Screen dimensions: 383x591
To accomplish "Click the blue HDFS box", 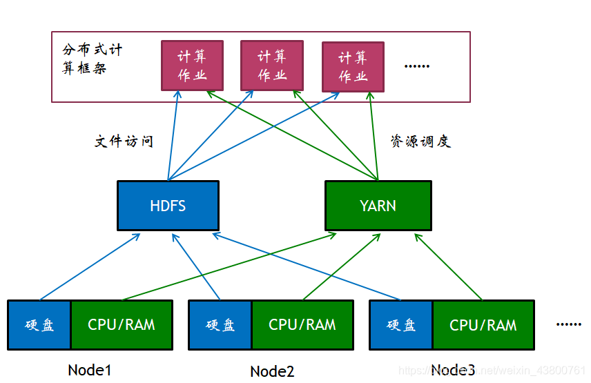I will (168, 206).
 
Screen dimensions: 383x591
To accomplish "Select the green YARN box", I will (378, 206).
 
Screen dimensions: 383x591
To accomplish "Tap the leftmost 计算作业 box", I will (192, 66).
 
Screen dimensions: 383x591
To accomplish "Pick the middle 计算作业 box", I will (272, 66).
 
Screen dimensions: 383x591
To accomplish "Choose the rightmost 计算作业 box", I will (353, 67).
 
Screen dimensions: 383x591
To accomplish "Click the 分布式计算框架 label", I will (92, 59).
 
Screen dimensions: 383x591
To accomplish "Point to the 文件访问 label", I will (124, 141).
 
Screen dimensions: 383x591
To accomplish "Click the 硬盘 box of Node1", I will (39, 325).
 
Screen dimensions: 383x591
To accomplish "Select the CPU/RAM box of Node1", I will (122, 325).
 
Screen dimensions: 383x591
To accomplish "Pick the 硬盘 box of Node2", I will (220, 325).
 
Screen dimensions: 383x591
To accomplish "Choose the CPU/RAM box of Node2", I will (302, 325).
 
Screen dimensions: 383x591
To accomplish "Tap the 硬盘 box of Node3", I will (401, 325).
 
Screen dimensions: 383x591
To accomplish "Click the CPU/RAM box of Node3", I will (483, 325).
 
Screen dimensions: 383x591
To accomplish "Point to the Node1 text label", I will (90, 369).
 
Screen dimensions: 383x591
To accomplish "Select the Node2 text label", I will (272, 371).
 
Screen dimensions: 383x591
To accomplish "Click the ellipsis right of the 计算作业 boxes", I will (416, 66).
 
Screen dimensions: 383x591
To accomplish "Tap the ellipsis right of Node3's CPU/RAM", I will (568, 324).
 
